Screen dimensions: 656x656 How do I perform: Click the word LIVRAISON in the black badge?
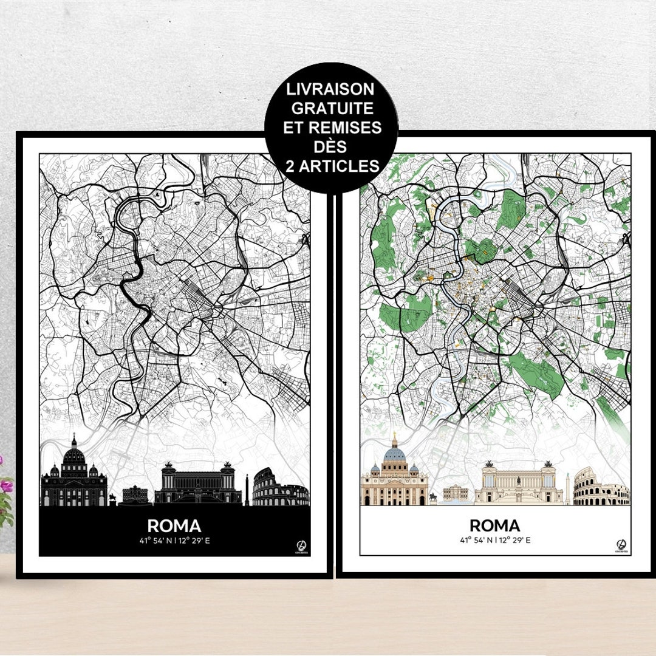332,90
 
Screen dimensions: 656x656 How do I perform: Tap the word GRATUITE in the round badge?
332,109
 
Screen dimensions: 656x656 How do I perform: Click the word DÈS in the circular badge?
332,146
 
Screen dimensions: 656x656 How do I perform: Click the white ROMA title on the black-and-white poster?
174,525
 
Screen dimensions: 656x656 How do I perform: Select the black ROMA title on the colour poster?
494,525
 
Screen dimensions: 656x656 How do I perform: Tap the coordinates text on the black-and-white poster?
174,540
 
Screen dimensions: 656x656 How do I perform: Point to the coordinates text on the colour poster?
494,540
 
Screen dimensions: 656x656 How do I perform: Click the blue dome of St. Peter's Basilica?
395,453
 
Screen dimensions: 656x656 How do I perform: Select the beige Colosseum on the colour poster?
600,489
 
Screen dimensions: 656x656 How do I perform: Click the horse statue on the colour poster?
432,497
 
